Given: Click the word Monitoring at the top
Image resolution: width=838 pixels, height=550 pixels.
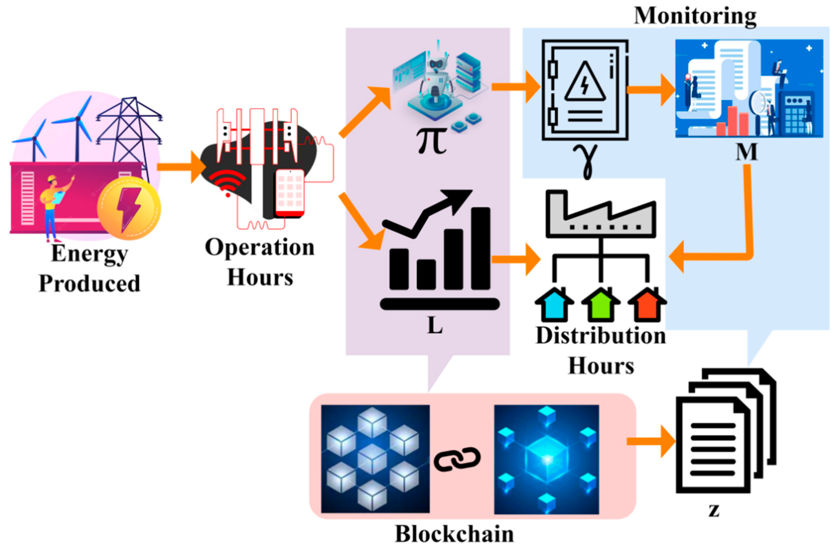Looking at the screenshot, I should coord(695,16).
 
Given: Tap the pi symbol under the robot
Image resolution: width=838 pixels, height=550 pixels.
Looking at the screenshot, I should coord(432,141).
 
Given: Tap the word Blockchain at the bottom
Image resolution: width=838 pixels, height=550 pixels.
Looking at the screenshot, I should coord(454,534).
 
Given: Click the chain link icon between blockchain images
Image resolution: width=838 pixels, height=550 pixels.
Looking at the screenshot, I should coord(457,459).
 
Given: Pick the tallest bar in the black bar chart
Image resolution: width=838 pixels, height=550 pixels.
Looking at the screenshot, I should coord(481,248).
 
